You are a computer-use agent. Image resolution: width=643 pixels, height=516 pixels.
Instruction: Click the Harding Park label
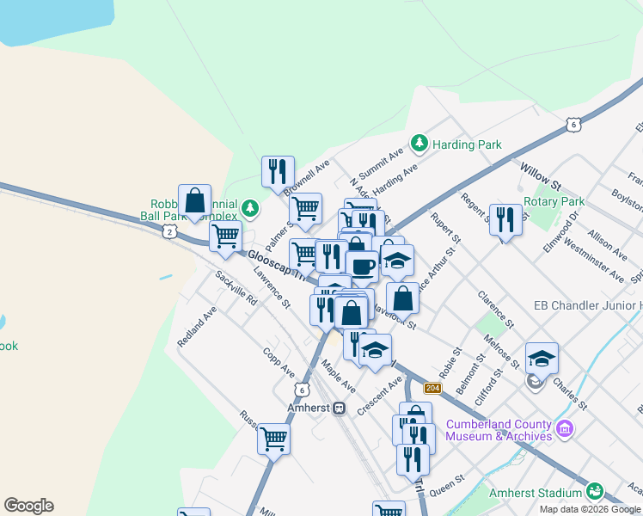pos(467,144)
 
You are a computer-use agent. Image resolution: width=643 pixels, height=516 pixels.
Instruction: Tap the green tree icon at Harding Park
pos(419,143)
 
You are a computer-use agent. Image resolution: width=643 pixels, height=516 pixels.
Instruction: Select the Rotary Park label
pos(554,201)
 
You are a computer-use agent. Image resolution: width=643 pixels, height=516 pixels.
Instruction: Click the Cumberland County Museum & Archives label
pos(499,430)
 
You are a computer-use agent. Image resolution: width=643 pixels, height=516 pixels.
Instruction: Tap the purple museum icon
pos(565,428)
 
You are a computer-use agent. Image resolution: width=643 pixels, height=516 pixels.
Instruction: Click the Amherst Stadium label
pos(536,493)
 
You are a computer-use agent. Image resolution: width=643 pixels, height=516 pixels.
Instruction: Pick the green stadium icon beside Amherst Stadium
pos(594,492)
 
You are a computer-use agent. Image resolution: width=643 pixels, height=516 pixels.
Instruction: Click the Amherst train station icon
pos(340,408)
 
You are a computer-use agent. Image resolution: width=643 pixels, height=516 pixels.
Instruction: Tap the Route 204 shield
pos(433,389)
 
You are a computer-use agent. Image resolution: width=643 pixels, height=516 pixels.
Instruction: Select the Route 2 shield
pos(169,232)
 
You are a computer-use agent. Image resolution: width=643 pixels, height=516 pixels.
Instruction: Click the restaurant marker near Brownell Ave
pos(278,171)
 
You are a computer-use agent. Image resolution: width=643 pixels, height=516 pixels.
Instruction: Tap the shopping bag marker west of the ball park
pos(195,200)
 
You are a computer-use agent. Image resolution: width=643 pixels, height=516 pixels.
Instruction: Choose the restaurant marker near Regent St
pos(505,219)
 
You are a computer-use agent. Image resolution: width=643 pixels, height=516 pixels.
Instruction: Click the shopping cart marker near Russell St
pos(273,439)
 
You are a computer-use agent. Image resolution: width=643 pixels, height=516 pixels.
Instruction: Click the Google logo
pos(28,506)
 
